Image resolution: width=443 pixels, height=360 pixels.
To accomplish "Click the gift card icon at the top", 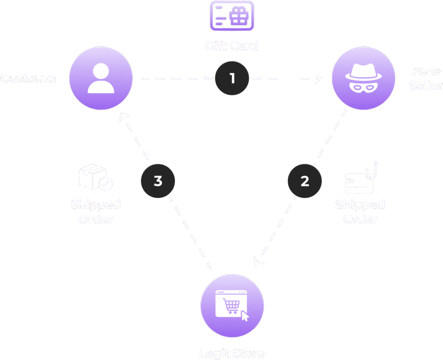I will coord(232,16).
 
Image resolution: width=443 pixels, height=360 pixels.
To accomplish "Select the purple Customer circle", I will coord(101,78).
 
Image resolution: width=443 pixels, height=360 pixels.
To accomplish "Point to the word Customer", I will coord(29,78).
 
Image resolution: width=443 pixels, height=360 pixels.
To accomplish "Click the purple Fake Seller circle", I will coord(363,78).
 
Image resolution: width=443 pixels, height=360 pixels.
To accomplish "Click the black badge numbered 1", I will coord(232,78).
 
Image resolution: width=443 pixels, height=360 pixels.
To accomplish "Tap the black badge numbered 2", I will coord(305,181).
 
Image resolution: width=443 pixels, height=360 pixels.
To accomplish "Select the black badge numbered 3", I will coord(158,181).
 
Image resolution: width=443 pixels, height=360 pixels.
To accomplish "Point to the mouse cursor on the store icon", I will coord(245,316).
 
